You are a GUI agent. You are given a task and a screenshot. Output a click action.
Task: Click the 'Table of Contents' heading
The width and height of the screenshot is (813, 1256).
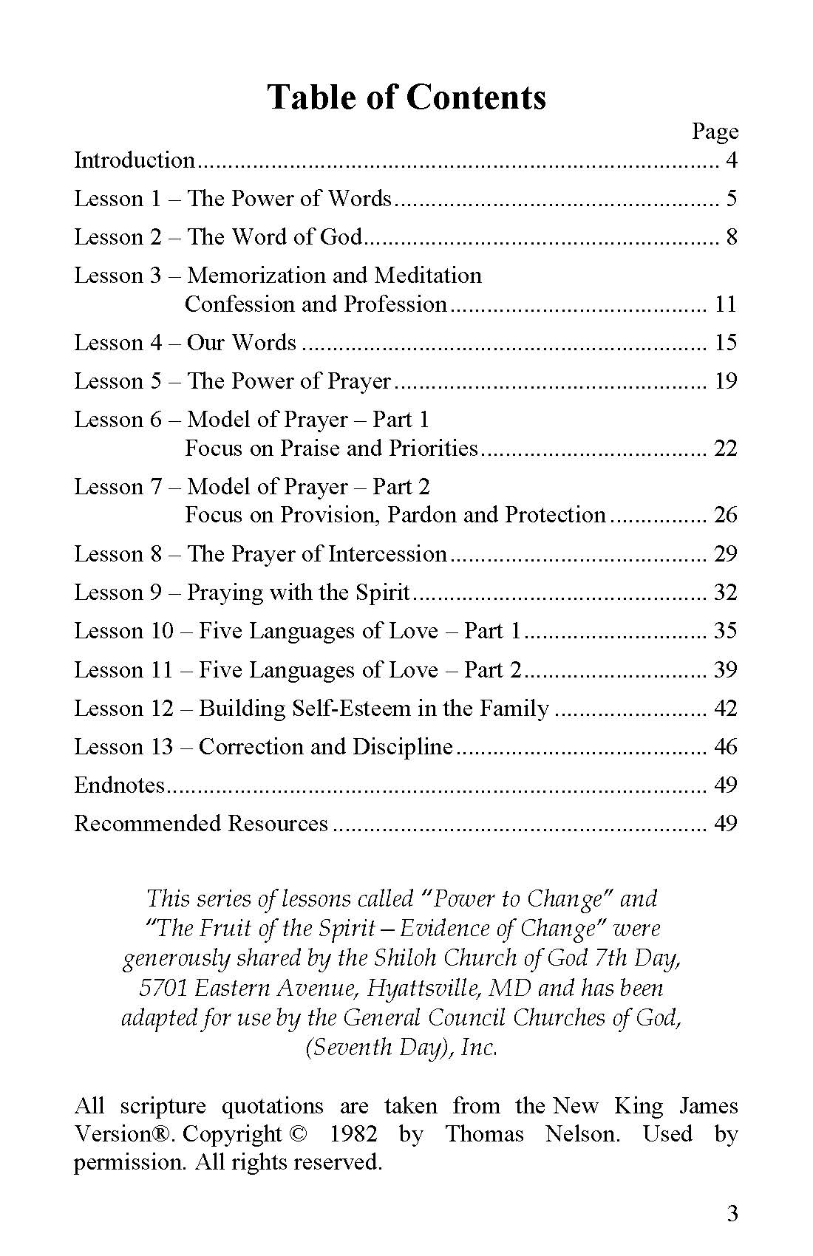(406, 97)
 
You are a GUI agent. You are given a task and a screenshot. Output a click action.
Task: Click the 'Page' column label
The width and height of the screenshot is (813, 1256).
(715, 132)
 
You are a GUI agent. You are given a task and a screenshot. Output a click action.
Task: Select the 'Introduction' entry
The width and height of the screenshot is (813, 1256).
(134, 160)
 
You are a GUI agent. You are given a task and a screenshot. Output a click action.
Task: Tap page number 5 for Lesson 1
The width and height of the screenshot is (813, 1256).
(731, 199)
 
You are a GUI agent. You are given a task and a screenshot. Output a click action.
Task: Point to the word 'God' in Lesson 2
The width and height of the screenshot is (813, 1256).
(341, 237)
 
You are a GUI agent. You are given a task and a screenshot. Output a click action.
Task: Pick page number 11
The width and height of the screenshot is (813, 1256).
(726, 304)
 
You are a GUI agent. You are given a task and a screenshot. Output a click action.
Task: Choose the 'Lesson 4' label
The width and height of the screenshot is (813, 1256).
(118, 343)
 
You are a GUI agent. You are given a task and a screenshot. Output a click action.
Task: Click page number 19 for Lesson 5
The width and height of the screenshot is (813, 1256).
(726, 381)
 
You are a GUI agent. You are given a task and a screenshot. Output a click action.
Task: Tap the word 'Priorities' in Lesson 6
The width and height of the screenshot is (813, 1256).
(434, 448)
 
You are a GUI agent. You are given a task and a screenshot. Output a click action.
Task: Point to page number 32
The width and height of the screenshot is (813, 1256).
(726, 593)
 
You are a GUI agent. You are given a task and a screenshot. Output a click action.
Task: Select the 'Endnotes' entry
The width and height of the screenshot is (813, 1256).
(119, 785)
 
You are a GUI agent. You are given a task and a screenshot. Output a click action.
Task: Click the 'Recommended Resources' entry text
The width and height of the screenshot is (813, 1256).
(201, 824)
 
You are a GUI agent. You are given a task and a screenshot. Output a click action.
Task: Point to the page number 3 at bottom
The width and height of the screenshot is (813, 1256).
(732, 1214)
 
